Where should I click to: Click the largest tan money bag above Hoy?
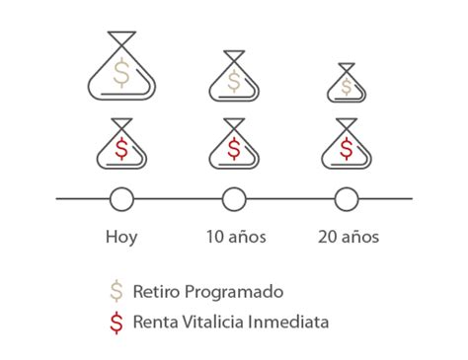[121, 69]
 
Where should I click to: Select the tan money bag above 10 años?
[234, 77]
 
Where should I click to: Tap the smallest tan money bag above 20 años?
[347, 85]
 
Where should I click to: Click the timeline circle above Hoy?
[121, 199]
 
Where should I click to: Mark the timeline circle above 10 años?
[234, 199]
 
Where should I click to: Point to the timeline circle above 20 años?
[347, 199]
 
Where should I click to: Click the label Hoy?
[121, 237]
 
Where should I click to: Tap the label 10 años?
[235, 237]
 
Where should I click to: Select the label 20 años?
[349, 237]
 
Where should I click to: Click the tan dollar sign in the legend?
[117, 292]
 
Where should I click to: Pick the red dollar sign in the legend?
[117, 322]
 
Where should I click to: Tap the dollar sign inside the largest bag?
[121, 72]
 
